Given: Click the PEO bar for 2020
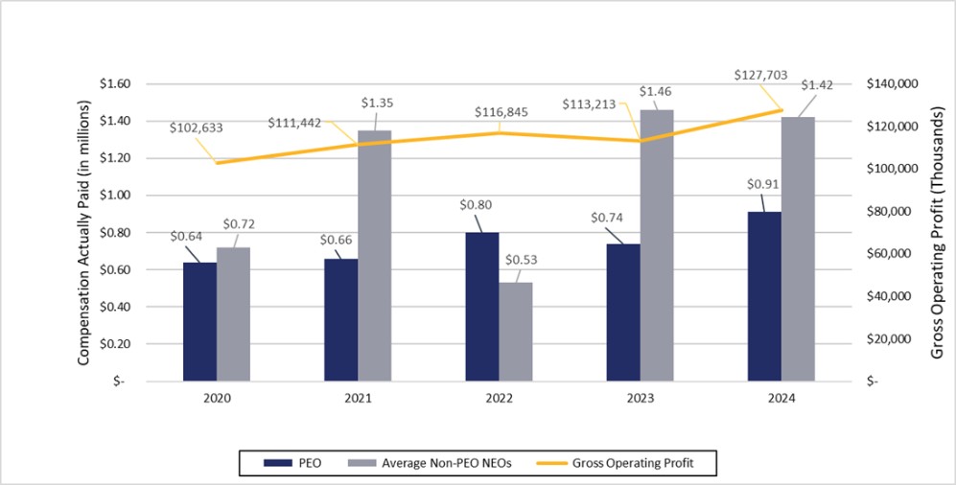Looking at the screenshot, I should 199,321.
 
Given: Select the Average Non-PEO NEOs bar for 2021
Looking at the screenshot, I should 374,255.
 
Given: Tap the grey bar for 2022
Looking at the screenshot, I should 515,331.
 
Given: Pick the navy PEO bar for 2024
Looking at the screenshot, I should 764,296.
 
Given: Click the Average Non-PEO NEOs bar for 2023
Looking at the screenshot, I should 657,244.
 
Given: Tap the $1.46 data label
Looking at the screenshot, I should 657,93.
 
